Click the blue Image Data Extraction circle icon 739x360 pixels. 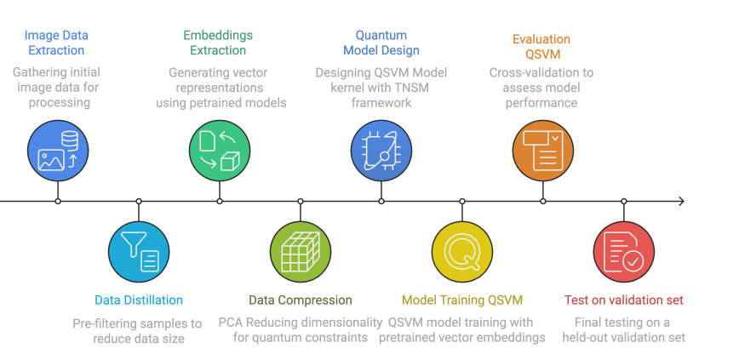(x=58, y=151)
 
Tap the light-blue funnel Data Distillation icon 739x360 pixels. (x=139, y=252)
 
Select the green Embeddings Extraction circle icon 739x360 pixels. (x=220, y=151)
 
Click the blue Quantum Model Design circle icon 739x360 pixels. (x=381, y=151)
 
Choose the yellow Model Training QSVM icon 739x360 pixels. (x=462, y=252)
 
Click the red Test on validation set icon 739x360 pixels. (x=624, y=252)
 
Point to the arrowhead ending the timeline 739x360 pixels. (x=679, y=202)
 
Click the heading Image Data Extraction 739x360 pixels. (x=56, y=43)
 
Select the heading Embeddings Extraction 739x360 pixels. (x=218, y=43)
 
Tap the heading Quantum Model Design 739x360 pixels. (x=381, y=43)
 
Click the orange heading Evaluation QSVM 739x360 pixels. (x=541, y=47)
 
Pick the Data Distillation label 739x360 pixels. (x=139, y=300)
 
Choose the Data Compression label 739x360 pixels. (x=301, y=300)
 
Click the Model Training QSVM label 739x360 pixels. (x=462, y=300)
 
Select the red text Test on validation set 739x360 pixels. (x=624, y=300)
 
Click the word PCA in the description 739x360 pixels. (x=232, y=323)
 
